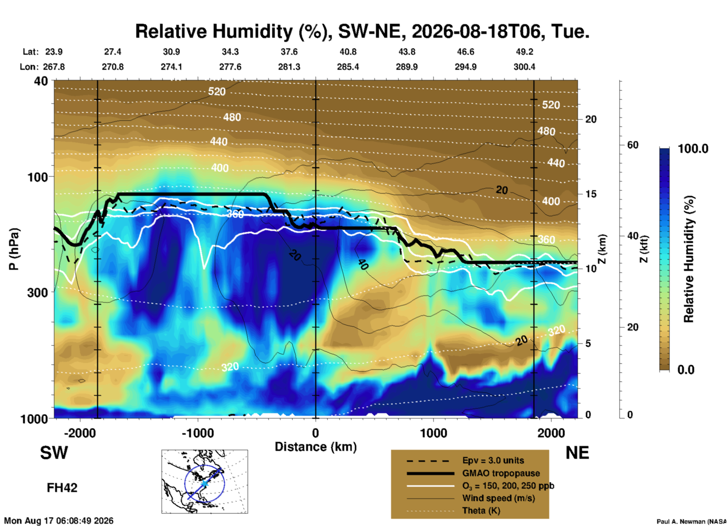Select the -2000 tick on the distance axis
(80, 433)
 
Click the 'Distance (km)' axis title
(316, 447)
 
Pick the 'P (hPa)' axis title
(14, 249)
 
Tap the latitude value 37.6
(289, 52)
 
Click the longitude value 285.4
(348, 67)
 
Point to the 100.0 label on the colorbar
(693, 149)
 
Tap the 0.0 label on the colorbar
(686, 369)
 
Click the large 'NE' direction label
(577, 453)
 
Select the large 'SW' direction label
(54, 453)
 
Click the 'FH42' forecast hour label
(62, 488)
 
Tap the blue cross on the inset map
(204, 483)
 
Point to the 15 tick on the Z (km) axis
(591, 194)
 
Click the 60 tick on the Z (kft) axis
(633, 145)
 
